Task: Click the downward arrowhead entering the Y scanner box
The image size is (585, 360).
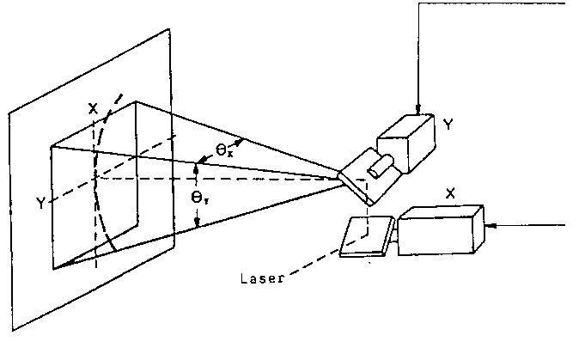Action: [418, 110]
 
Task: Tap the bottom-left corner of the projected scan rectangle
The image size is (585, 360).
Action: [53, 268]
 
